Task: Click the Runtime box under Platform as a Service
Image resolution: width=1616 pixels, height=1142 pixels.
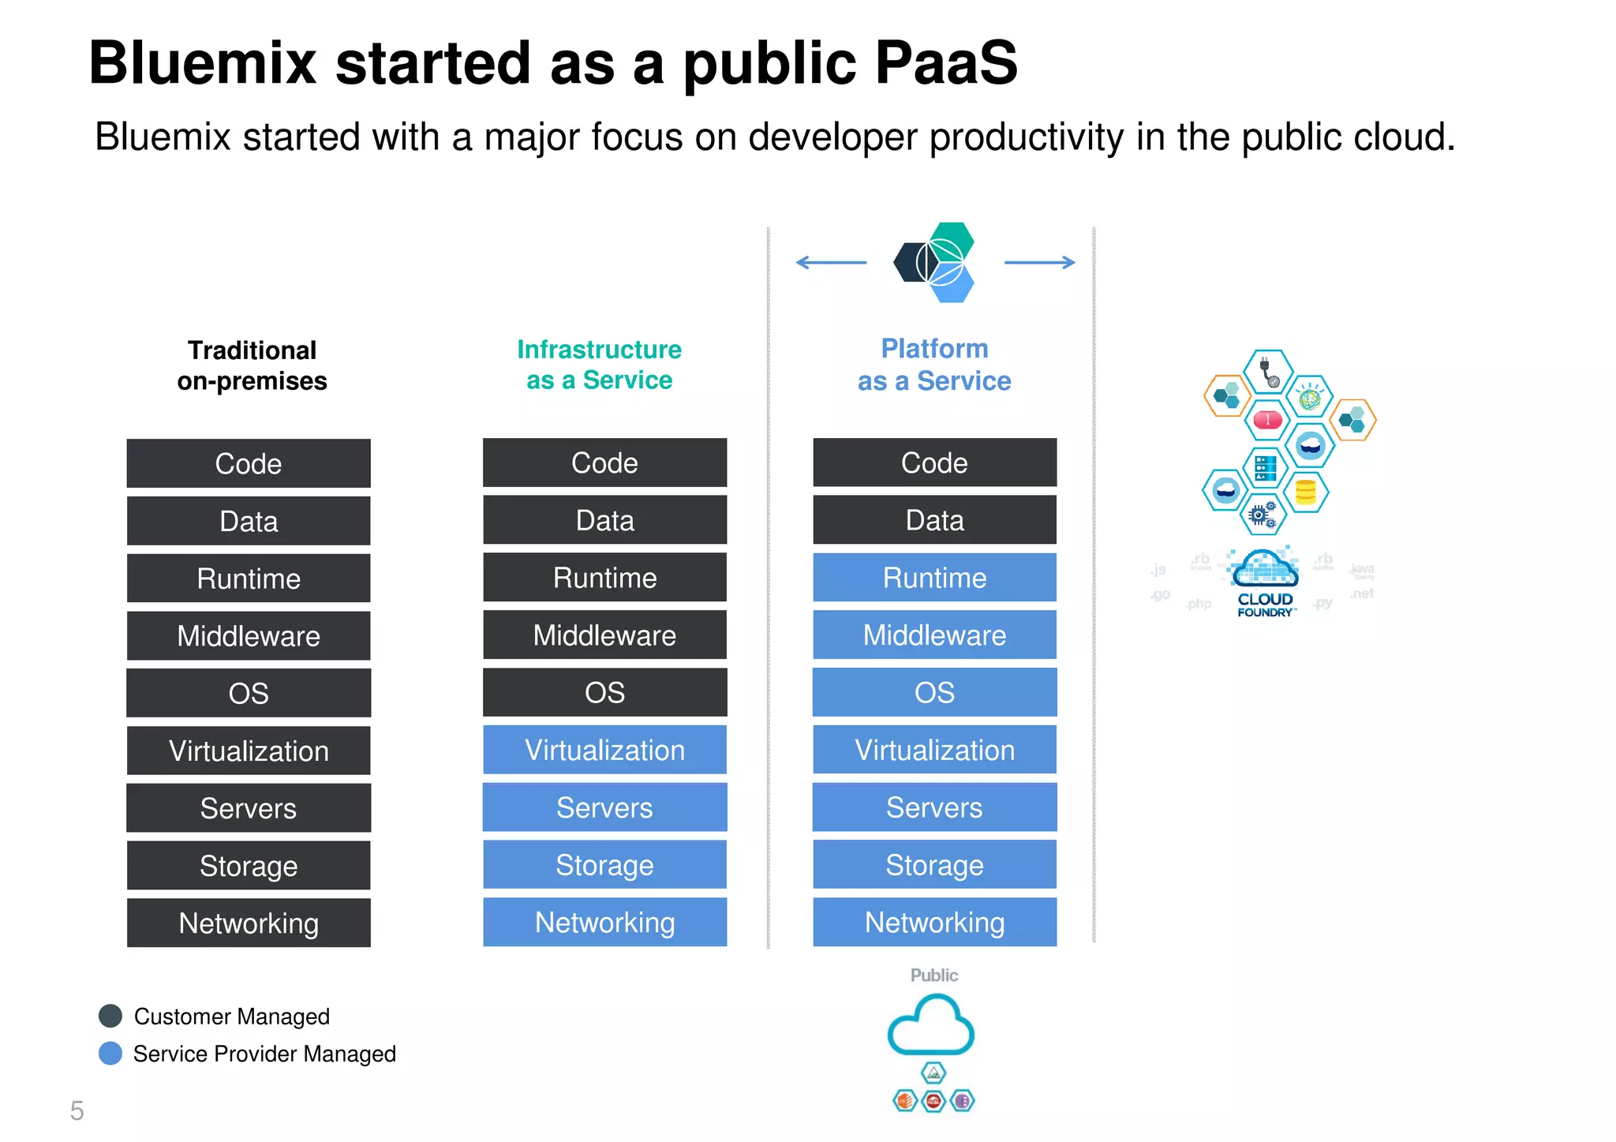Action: coord(934,578)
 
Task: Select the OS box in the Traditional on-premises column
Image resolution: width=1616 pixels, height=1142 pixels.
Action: coord(249,693)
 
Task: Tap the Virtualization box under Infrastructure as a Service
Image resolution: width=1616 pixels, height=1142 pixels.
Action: coord(604,750)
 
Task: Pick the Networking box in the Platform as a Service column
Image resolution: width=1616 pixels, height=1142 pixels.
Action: coord(934,922)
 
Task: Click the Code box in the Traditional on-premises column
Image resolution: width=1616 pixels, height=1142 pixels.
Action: coord(249,463)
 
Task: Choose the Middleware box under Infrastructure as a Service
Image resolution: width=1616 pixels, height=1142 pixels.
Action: coord(604,635)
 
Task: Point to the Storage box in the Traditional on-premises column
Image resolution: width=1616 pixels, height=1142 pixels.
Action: coord(249,866)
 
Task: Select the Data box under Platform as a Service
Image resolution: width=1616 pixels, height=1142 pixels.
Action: coord(934,520)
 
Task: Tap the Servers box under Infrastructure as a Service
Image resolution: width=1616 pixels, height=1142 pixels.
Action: coord(604,807)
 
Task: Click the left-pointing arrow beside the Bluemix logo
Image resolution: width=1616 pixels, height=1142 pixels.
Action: coord(831,262)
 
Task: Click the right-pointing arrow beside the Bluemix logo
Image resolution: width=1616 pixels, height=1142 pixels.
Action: coord(1039,262)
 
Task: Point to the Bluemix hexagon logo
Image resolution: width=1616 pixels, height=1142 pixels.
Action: coord(936,262)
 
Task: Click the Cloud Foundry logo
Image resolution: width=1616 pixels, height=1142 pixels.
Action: coord(1265,582)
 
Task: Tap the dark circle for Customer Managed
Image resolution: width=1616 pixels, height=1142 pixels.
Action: coord(110,1016)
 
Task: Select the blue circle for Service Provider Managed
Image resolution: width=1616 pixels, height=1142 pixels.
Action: coord(110,1053)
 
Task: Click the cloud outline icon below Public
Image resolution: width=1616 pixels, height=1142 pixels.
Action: coord(931,1025)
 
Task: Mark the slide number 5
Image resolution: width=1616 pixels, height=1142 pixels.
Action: coord(77,1110)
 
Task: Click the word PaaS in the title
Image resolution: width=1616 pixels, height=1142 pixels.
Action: coord(946,63)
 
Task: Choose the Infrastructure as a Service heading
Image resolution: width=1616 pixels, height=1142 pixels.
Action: coord(599,365)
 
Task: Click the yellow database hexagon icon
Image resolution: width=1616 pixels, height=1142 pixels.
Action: coord(1306,492)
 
